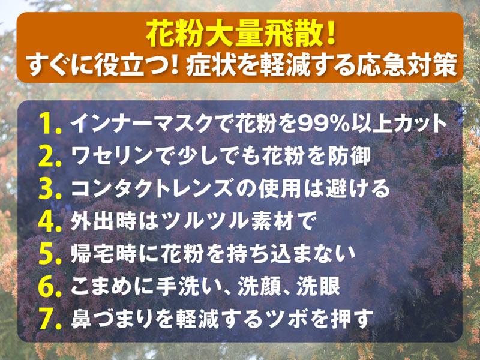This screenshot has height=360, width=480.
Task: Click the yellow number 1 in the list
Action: tap(47, 124)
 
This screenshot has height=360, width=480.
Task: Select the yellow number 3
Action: tap(47, 189)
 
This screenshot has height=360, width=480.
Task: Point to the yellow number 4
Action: tap(47, 221)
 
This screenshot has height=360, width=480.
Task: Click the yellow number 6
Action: tap(47, 287)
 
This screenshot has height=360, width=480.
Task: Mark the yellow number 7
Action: tap(47, 320)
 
